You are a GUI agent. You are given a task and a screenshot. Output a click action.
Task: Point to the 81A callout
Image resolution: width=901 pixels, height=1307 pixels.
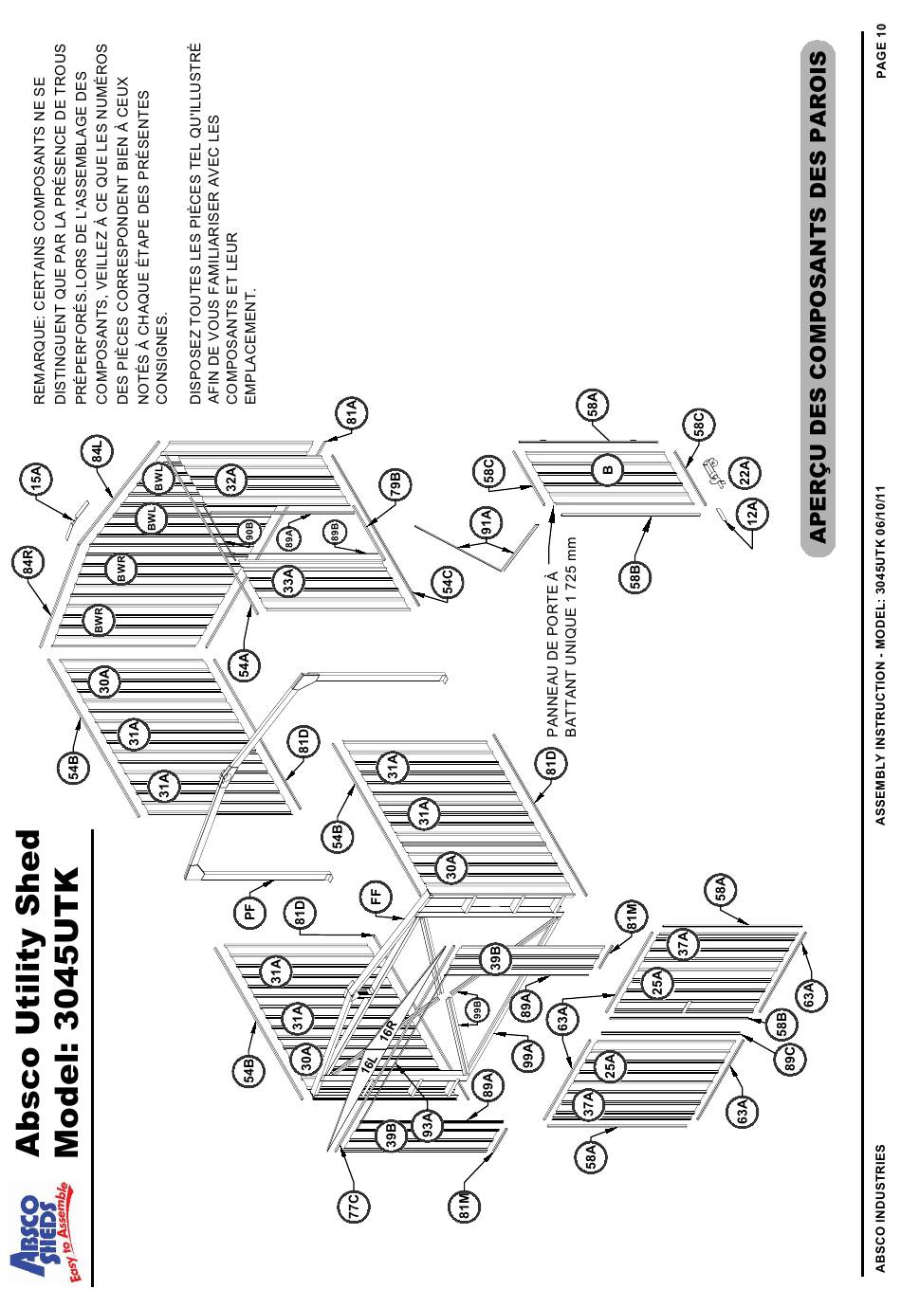pyautogui.click(x=352, y=414)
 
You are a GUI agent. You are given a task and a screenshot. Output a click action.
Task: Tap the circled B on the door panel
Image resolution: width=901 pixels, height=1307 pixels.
pyautogui.click(x=608, y=469)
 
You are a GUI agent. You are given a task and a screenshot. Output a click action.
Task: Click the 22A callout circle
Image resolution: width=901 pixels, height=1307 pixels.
pyautogui.click(x=744, y=471)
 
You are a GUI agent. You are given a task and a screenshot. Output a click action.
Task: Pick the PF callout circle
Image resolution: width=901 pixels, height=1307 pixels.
pyautogui.click(x=249, y=913)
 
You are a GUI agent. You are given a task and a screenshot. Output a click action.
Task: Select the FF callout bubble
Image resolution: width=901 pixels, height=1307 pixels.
pyautogui.click(x=377, y=894)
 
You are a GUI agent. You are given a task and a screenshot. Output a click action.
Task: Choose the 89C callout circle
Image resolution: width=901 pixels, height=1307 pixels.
pyautogui.click(x=789, y=1057)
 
